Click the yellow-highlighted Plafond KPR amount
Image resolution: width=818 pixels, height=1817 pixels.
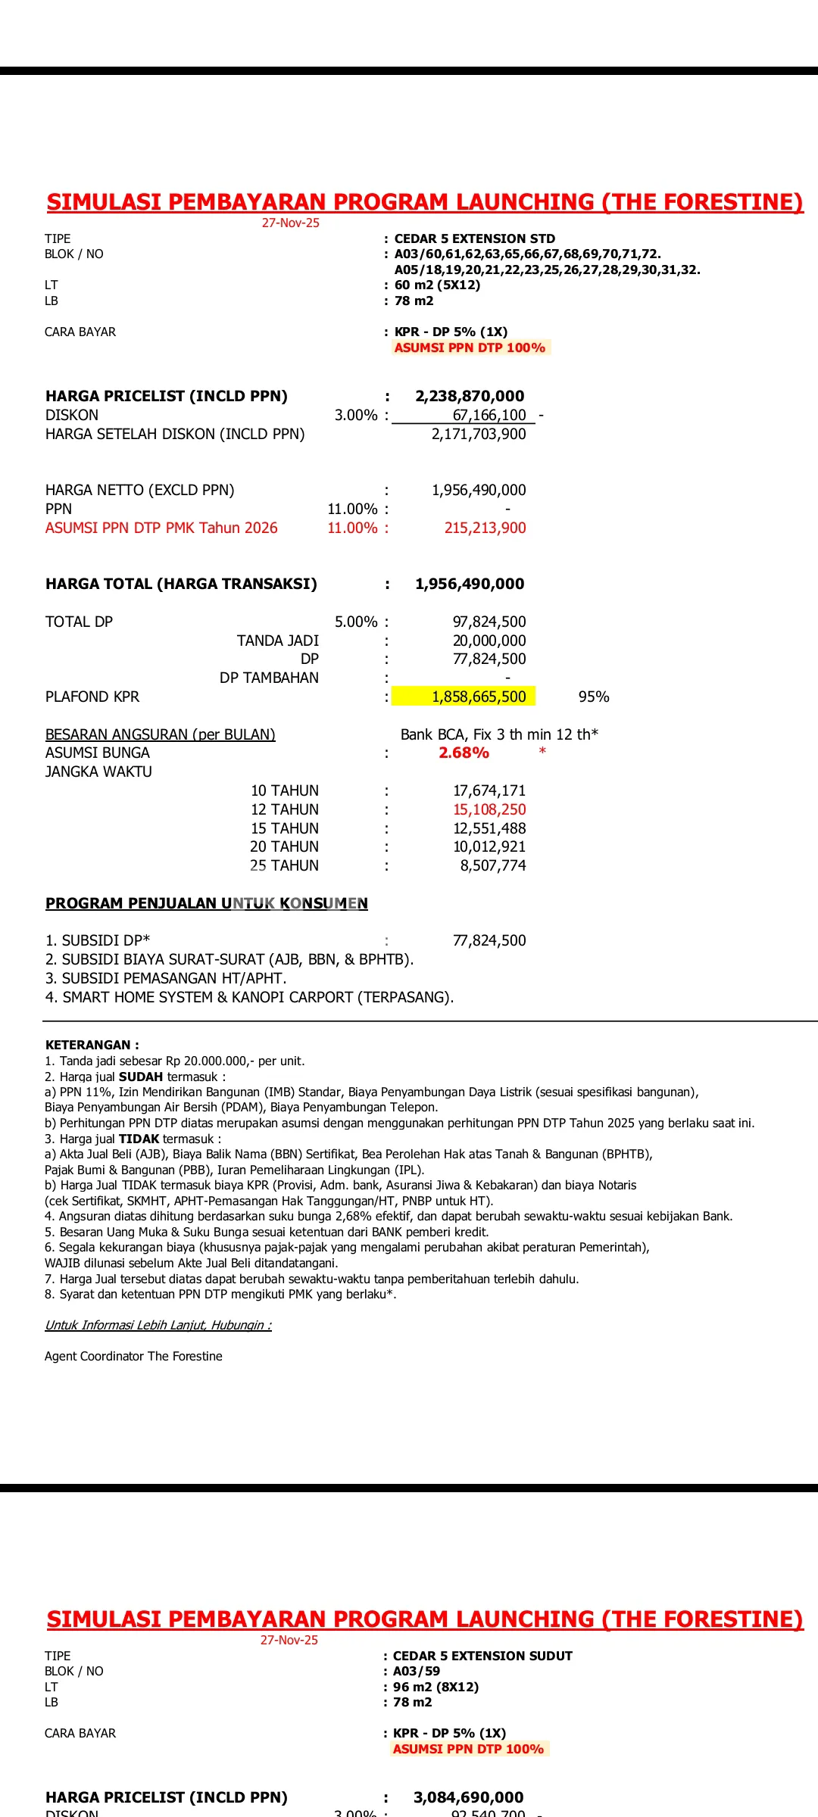479,697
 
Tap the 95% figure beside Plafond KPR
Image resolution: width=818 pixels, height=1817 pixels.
594,697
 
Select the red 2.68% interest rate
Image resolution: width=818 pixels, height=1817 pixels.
464,753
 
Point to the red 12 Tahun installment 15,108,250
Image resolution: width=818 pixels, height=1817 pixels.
489,809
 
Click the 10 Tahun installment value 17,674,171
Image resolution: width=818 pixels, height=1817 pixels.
489,790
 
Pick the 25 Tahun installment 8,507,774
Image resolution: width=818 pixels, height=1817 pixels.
492,865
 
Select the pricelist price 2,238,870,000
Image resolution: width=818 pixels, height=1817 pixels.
470,396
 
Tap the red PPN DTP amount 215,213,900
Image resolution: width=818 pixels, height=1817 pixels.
485,528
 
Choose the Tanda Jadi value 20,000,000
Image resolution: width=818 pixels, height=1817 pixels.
489,640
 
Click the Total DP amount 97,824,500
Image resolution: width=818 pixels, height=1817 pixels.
489,622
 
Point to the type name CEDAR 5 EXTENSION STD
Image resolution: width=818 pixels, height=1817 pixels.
474,238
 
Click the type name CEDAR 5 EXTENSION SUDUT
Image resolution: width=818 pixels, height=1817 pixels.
482,1656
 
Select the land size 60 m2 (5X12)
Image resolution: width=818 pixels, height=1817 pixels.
437,285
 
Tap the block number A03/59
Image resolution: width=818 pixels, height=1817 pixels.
417,1671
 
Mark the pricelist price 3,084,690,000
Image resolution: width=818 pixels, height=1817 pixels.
469,1797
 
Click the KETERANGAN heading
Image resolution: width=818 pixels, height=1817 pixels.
92,1045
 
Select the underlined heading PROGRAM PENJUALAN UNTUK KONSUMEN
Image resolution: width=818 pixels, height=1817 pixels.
207,903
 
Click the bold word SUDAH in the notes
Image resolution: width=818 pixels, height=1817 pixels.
141,1077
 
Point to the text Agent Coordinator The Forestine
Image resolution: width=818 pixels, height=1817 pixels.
133,1356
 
